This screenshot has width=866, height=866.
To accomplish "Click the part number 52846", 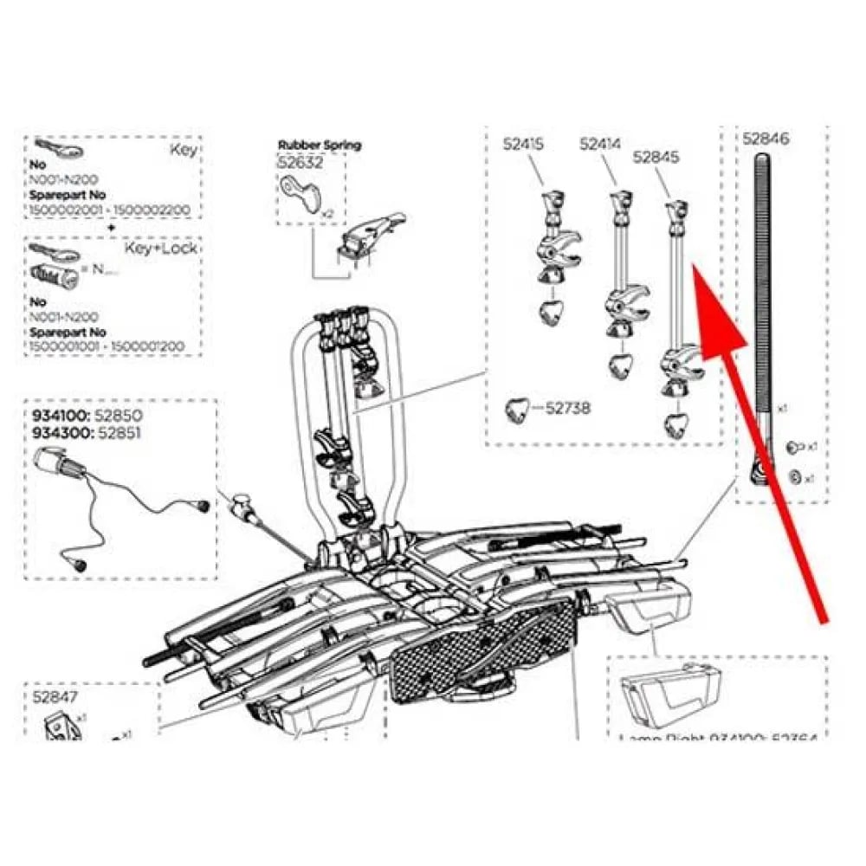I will point(766,138).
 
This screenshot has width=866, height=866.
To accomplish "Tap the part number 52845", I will point(656,158).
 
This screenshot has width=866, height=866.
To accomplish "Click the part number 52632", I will point(300,161).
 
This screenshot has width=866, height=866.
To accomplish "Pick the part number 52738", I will point(569,408).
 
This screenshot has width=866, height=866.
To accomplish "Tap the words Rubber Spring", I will point(320,145).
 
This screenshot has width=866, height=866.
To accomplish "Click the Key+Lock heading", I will point(161,249).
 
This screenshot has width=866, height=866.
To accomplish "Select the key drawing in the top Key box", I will point(57,151).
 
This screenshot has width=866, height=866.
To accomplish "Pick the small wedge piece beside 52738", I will point(520,409).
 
